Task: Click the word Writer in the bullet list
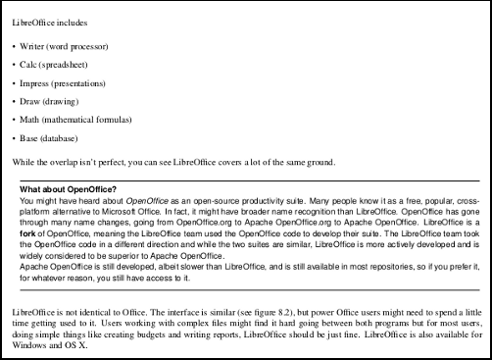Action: coord(33,47)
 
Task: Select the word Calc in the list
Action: coord(30,66)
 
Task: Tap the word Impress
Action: coord(37,83)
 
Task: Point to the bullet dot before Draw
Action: coord(13,102)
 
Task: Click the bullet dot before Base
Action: coord(13,138)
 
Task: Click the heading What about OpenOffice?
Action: coord(68,188)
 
